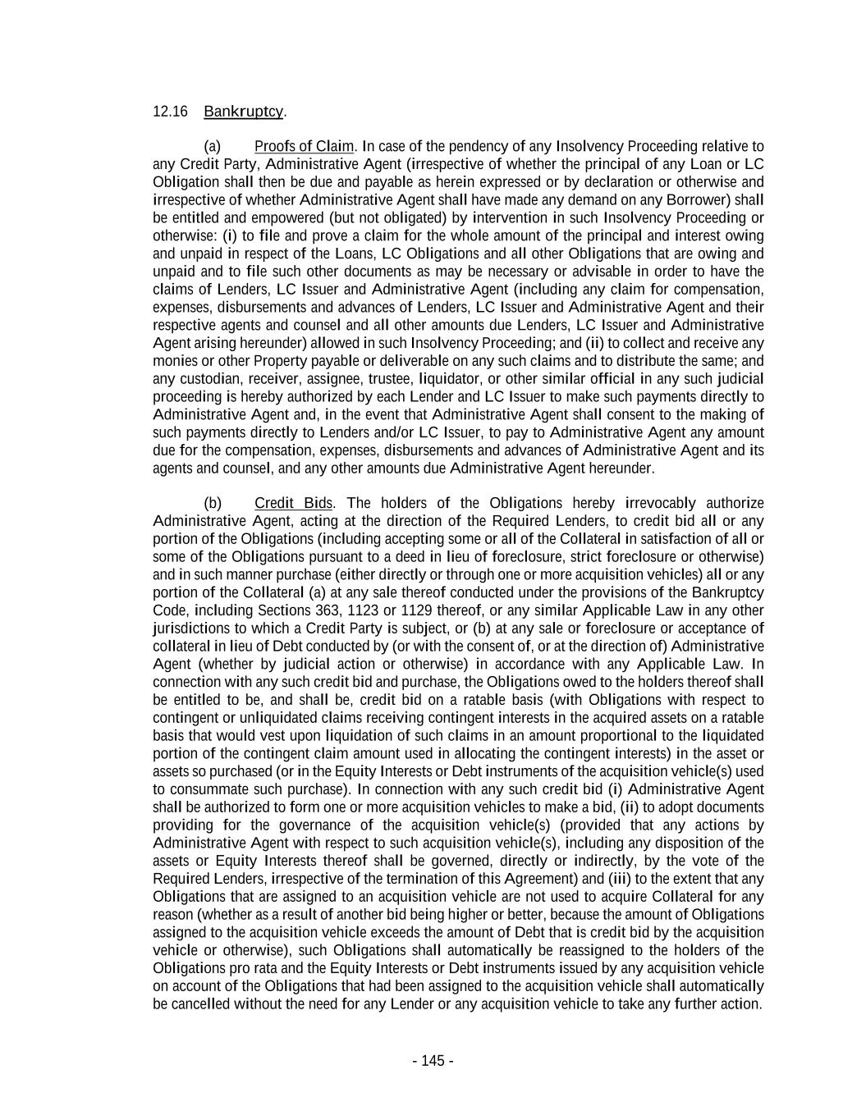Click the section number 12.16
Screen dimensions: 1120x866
point(170,111)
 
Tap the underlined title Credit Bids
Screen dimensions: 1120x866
point(293,503)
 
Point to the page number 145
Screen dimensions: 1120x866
point(433,1061)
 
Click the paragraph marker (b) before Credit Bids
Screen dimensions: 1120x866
point(213,503)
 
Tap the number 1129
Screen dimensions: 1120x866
point(417,610)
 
